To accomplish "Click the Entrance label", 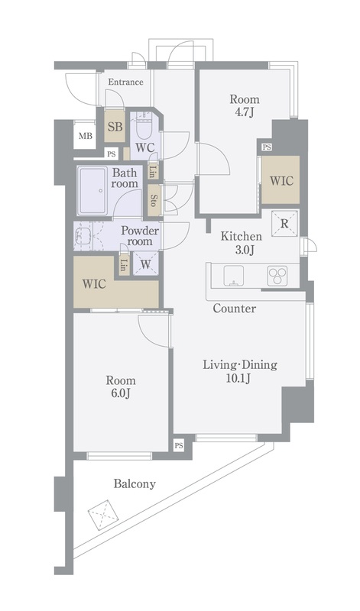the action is (x=125, y=82).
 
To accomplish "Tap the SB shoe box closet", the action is (x=115, y=126).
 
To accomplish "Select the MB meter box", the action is (x=86, y=136).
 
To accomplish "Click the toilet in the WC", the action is (x=144, y=128).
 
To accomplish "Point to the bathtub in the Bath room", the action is (x=92, y=190).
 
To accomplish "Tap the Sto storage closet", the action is (x=154, y=200).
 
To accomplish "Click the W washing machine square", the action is (x=145, y=264).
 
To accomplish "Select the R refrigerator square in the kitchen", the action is (x=284, y=223).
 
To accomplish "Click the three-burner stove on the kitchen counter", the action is (x=277, y=276).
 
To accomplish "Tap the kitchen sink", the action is (x=234, y=276).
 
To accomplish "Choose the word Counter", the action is (x=235, y=309).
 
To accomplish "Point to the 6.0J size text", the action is (x=121, y=393).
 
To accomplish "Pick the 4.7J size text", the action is (x=245, y=112).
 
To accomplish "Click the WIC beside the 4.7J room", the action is (x=281, y=180).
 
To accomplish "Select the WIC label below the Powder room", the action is (x=94, y=283).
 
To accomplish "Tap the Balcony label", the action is (x=135, y=484).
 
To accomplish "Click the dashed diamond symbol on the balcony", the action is (x=103, y=514).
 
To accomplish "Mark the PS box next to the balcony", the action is (x=179, y=445).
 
